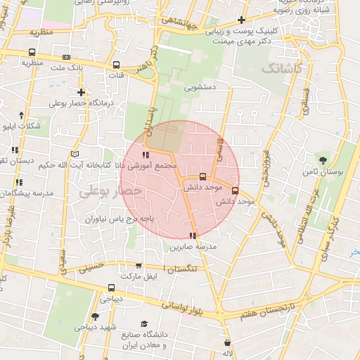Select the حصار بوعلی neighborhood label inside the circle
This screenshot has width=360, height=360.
coord(110,191)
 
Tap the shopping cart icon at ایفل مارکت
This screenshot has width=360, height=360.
coord(139,266)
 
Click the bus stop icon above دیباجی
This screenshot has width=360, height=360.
coord(112,288)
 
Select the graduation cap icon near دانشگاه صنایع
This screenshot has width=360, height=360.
coord(144,324)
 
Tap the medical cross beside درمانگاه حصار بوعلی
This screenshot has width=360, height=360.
coord(82,92)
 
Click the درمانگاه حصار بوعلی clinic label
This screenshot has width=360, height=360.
coord(77,103)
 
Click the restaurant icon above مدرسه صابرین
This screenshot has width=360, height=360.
coord(193,236)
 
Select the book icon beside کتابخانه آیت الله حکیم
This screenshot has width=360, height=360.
coord(75,153)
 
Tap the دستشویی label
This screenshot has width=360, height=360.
coord(199,89)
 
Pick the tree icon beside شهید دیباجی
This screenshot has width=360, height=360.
coord(96,317)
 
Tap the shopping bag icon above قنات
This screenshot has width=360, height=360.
coord(117,63)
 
